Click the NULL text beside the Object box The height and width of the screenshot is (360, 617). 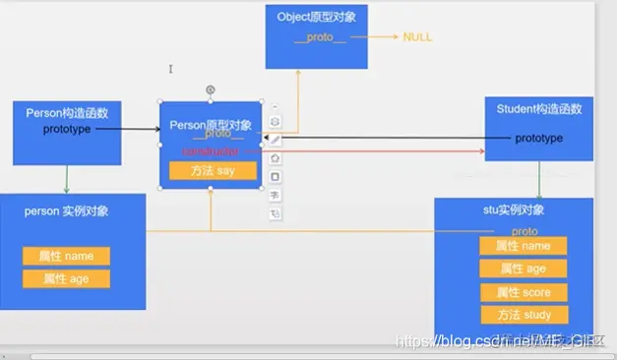[417, 37]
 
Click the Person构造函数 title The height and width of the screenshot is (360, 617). [67, 113]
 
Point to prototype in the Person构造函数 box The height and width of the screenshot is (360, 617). [66, 129]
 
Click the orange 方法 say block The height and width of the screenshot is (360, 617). [213, 170]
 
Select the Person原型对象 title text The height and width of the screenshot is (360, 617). [210, 125]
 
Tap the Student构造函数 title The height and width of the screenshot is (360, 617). [539, 109]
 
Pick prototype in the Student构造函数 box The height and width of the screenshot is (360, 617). [539, 139]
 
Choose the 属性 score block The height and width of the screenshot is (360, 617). [524, 292]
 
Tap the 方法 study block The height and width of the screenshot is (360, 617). [524, 315]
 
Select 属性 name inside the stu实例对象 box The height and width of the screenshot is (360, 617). [524, 246]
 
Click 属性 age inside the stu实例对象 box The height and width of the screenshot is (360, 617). [524, 269]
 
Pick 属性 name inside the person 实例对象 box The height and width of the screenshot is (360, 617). [66, 256]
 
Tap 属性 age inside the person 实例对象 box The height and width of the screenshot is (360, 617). [66, 278]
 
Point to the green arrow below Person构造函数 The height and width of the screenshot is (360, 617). [66, 179]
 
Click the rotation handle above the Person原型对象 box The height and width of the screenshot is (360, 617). [210, 90]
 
